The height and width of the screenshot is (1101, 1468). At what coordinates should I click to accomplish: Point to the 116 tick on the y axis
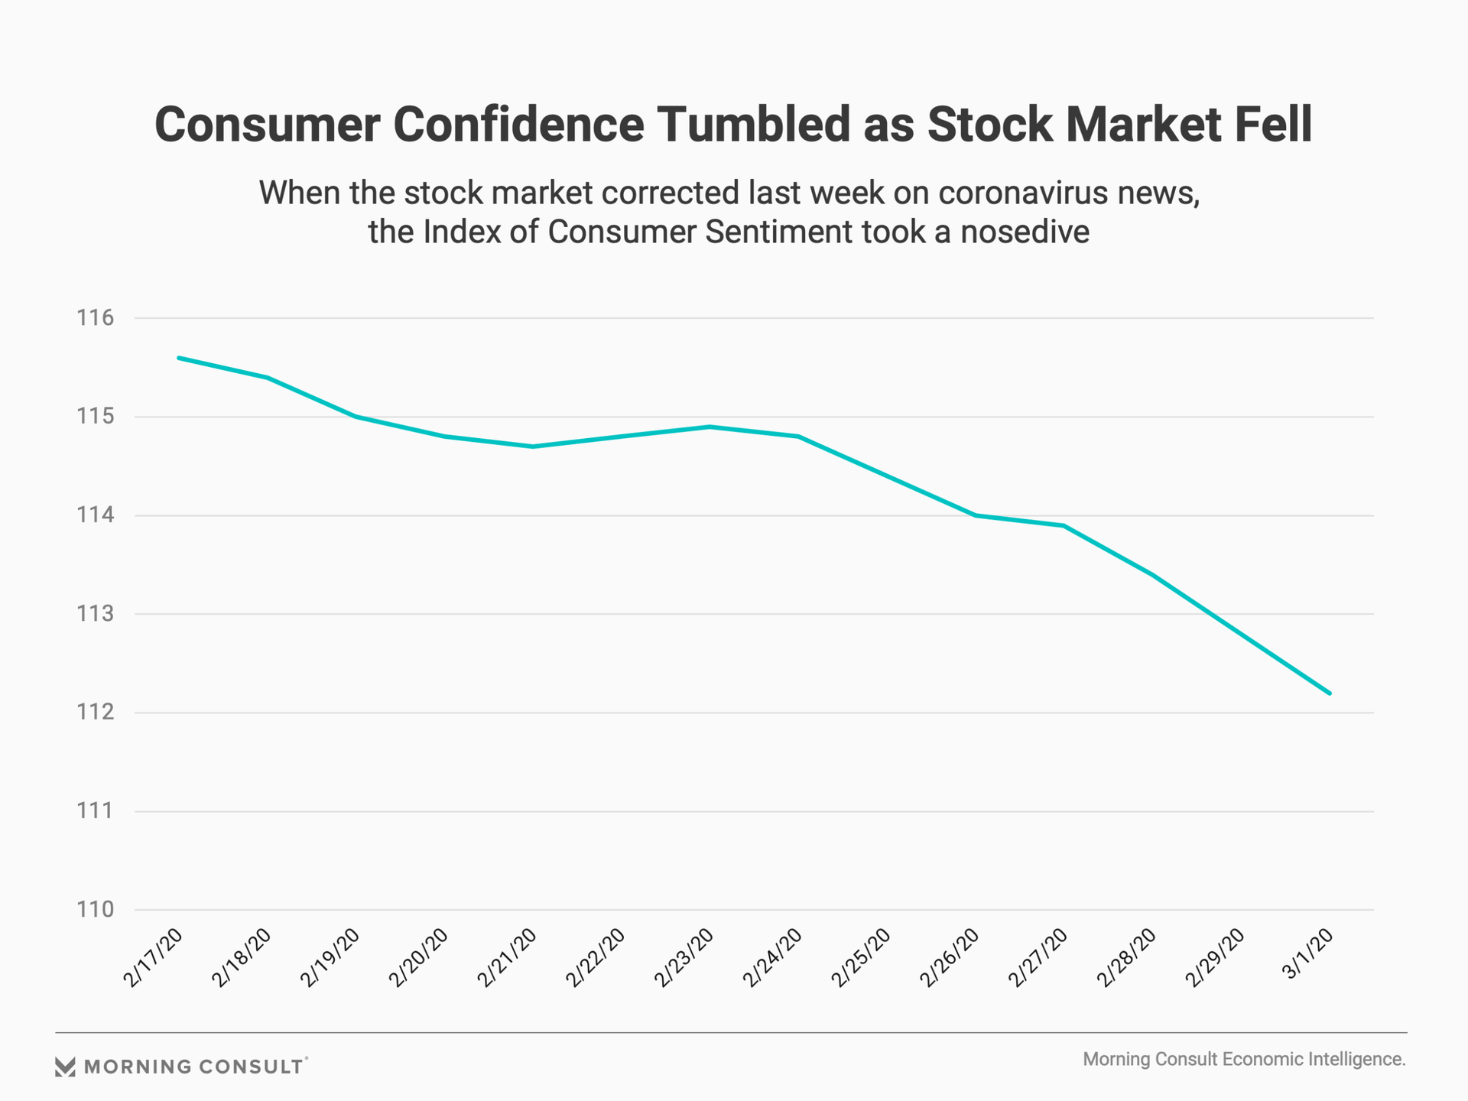(x=95, y=318)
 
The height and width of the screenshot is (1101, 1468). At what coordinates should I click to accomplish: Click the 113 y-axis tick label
(x=95, y=614)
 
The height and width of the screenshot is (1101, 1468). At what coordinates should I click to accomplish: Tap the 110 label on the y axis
(x=95, y=910)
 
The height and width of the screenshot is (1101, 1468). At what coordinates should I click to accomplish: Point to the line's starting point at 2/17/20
(x=178, y=358)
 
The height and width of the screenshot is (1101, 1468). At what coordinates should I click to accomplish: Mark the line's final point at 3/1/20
(x=1330, y=693)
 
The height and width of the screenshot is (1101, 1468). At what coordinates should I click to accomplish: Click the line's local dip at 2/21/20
(x=533, y=447)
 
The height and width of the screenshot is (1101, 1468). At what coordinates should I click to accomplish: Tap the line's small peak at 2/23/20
(x=710, y=427)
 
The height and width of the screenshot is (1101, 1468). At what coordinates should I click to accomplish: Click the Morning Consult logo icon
(x=65, y=1067)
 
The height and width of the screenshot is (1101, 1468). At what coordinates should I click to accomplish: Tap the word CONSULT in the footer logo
(x=250, y=1067)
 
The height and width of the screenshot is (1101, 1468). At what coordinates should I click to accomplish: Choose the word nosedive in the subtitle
(x=1025, y=232)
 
